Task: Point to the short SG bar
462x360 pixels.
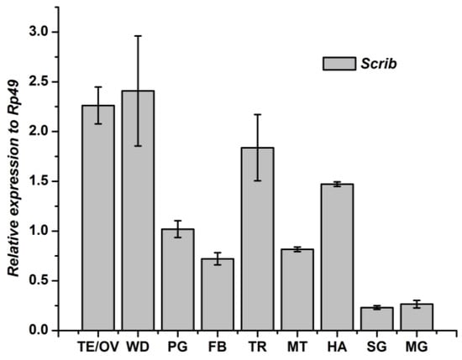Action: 377,319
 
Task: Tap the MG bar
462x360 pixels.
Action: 417,317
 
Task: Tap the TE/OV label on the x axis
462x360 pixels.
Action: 97,346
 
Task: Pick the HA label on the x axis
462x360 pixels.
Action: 337,346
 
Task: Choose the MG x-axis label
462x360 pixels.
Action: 417,346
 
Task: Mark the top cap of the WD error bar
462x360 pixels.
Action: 138,36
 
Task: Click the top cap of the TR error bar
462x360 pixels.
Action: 257,114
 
